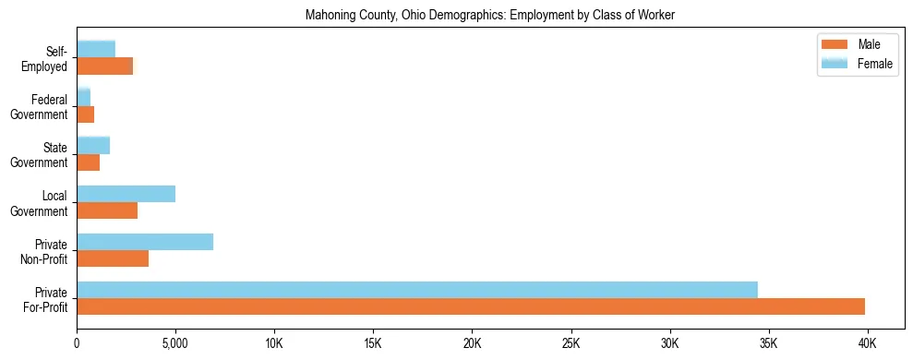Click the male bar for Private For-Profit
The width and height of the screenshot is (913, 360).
[x=471, y=306]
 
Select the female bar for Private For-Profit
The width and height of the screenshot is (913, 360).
[x=417, y=290]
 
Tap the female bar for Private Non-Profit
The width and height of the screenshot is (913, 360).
[x=145, y=242]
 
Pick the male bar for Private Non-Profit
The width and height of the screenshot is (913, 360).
[x=113, y=258]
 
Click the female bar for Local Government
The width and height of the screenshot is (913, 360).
[x=126, y=194]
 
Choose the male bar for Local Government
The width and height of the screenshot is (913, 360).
[x=107, y=210]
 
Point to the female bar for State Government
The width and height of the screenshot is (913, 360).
[x=93, y=145]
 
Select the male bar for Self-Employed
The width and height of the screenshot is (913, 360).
[x=104, y=66]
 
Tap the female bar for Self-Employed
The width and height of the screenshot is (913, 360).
[x=96, y=49]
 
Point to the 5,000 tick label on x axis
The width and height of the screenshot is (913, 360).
[x=174, y=343]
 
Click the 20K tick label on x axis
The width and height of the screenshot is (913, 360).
[x=472, y=343]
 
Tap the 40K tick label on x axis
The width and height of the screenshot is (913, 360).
[x=867, y=343]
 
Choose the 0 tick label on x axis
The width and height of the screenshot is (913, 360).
[x=77, y=343]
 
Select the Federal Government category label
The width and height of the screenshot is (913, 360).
[x=44, y=106]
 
